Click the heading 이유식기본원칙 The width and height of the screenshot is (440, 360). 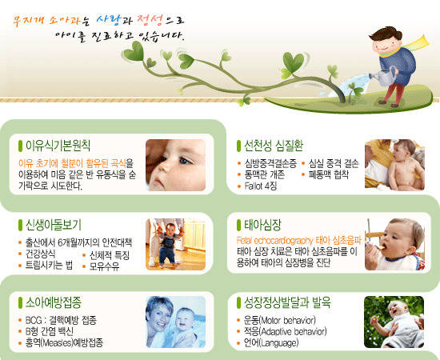(58, 146)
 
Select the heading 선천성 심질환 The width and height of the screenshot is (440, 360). (274, 146)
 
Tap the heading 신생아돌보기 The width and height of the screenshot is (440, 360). (54, 225)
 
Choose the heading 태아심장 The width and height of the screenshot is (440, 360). (262, 225)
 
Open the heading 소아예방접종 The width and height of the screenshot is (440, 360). (54, 302)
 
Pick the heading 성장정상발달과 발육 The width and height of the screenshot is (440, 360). (287, 302)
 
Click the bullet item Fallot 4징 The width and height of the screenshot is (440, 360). (261, 186)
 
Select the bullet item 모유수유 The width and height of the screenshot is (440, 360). (104, 266)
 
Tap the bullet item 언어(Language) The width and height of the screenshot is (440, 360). (271, 343)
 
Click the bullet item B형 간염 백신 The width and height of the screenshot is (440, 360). (50, 331)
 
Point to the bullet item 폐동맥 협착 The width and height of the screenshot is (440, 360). (329, 174)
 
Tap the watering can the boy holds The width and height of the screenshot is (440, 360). (384, 76)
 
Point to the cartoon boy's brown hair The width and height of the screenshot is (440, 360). (386, 34)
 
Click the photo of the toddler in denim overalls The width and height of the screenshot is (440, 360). (176, 244)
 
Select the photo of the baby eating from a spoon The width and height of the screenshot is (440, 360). (394, 244)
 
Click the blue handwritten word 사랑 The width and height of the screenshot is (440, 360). (109, 19)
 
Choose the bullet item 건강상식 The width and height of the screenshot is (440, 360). (40, 254)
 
